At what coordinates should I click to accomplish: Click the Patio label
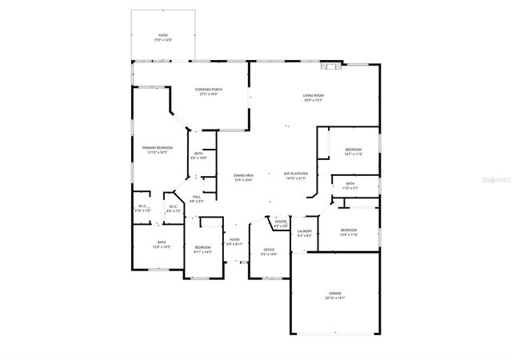pos(163,35)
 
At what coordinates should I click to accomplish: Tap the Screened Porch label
pos(208,89)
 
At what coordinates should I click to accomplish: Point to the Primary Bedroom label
pos(158,148)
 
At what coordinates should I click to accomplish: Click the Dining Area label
pos(243,175)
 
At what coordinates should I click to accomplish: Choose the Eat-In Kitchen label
pos(296,174)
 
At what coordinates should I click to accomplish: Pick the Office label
pos(269,250)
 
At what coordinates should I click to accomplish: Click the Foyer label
pos(234,239)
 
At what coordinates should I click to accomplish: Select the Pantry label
pos(280,222)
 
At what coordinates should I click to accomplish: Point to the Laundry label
pos(305,231)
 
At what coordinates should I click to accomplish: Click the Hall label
pos(196,197)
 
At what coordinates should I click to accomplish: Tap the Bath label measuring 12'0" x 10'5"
pos(162,242)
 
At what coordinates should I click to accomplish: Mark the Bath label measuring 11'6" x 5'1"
pos(350,183)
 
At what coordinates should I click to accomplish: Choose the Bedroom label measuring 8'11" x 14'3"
pos(202,247)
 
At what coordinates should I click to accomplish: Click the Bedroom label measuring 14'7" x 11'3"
pos(354,150)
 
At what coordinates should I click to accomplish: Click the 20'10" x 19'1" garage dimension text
pos(334,298)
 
